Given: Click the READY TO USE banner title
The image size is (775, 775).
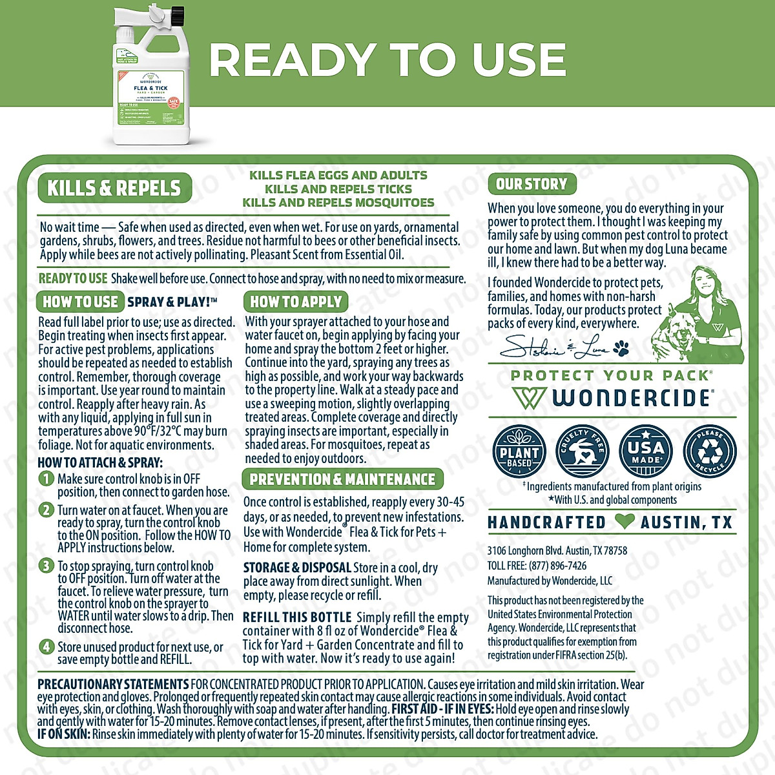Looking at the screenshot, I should pyautogui.click(x=387, y=60).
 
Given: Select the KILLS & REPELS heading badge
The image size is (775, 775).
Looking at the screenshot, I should pyautogui.click(x=114, y=188).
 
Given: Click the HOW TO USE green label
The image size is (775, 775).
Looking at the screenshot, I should pyautogui.click(x=80, y=302).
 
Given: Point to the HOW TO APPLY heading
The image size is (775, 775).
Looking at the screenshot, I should pyautogui.click(x=296, y=302).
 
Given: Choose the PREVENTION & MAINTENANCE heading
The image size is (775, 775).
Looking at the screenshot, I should pyautogui.click(x=342, y=479).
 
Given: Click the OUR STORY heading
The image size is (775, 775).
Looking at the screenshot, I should pyautogui.click(x=532, y=184).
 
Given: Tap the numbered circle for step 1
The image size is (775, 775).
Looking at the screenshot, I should pyautogui.click(x=46, y=479).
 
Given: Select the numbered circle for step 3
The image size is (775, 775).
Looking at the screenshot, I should pyautogui.click(x=46, y=566).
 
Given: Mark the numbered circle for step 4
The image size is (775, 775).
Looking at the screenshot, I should pyautogui.click(x=46, y=646).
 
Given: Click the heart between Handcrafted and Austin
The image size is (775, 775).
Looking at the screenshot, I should pyautogui.click(x=624, y=522).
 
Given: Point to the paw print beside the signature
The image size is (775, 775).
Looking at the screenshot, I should pyautogui.click(x=621, y=349).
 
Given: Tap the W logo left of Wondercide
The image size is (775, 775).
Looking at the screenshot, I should pyautogui.click(x=529, y=398).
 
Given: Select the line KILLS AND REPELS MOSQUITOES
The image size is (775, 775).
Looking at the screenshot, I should pyautogui.click(x=338, y=203).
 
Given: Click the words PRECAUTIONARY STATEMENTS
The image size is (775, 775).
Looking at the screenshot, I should pyautogui.click(x=113, y=684).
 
